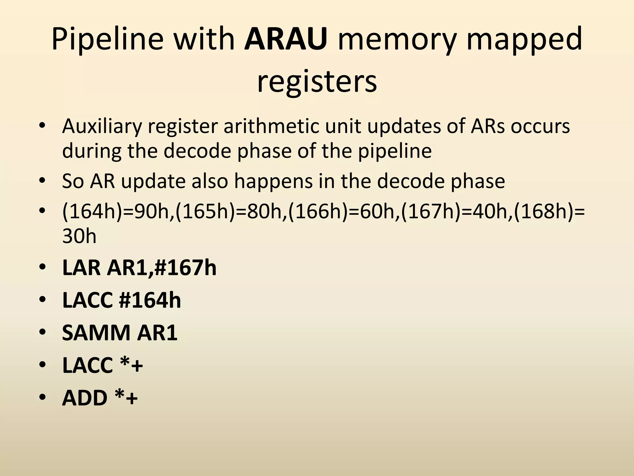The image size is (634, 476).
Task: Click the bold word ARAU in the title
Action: coord(285,39)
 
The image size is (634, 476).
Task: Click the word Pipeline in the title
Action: coord(107,39)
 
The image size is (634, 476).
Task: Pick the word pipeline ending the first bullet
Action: coord(395,151)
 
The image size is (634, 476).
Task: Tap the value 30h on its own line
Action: coord(80,237)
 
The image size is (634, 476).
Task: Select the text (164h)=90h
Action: coord(118,212)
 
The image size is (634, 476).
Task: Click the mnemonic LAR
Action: coord(81,268)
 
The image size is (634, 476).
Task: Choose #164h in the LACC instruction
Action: coord(150,300)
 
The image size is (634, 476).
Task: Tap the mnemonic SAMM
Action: coord(96,333)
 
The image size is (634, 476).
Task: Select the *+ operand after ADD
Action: coord(126,398)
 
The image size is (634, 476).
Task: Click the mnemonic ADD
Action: coord(85,398)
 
